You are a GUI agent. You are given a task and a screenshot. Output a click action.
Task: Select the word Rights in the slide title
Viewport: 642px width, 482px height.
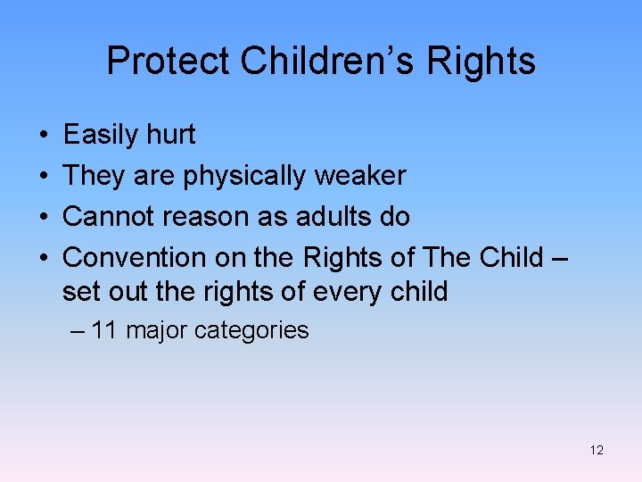[x=481, y=61]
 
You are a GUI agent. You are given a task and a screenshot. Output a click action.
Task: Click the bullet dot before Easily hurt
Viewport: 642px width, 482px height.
[x=44, y=136]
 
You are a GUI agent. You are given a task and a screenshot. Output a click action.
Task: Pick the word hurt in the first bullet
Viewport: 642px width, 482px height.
[x=173, y=135]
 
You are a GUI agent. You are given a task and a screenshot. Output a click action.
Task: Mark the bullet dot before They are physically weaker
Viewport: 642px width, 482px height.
[x=44, y=177]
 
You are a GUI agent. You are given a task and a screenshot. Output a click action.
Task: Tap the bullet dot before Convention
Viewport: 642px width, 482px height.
[x=44, y=258]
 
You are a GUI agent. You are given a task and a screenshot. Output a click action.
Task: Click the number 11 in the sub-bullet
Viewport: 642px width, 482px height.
[x=104, y=330]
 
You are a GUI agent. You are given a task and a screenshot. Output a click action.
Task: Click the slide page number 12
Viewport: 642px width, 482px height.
[x=597, y=450]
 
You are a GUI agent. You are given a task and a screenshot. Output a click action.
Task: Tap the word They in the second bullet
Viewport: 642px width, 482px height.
[x=94, y=176]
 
